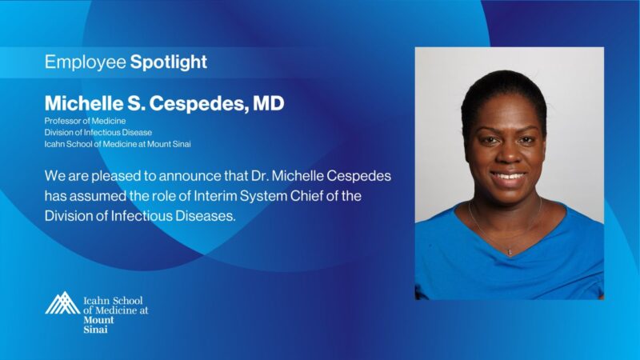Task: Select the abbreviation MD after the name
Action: (x=267, y=103)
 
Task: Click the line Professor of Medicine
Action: (x=81, y=121)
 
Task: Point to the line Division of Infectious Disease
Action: (x=98, y=132)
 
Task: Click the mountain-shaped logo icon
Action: (x=62, y=303)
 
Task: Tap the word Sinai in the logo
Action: (x=95, y=329)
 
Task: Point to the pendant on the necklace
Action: (x=509, y=251)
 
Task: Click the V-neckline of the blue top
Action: (x=509, y=240)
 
